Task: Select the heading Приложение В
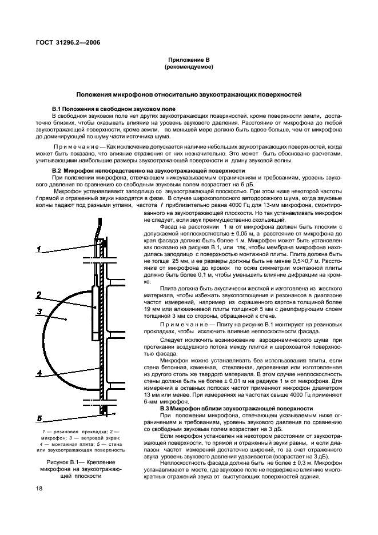[x=189, y=59]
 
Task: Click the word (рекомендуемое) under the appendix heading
[x=189, y=67]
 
